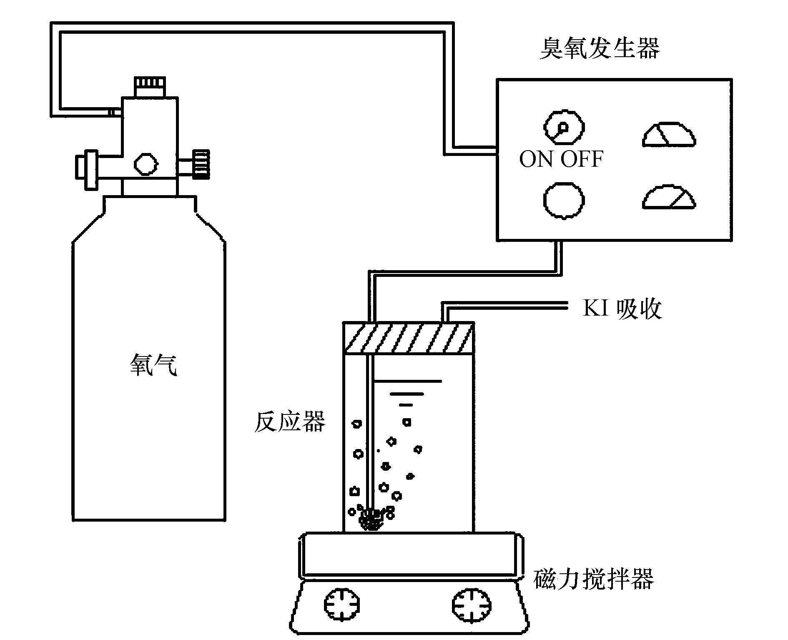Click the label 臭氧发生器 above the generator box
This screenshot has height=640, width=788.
pyautogui.click(x=600, y=48)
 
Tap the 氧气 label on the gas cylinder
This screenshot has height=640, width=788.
pyautogui.click(x=153, y=365)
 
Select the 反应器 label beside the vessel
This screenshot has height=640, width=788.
pyautogui.click(x=290, y=422)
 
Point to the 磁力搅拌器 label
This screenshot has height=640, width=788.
pyautogui.click(x=593, y=578)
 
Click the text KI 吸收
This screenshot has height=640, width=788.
pyautogui.click(x=622, y=309)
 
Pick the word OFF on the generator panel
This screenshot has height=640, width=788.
pyautogui.click(x=582, y=159)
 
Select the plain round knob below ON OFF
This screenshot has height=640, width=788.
pyautogui.click(x=564, y=201)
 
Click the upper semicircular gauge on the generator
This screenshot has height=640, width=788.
pyautogui.click(x=669, y=135)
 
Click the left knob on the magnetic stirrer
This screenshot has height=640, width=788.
pyautogui.click(x=342, y=605)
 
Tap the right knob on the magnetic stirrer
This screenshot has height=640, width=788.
pyautogui.click(x=472, y=605)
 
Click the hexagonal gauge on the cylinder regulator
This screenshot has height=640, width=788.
pyautogui.click(x=146, y=163)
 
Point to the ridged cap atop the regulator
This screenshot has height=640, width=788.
pyautogui.click(x=150, y=87)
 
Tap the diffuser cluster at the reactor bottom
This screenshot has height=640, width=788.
pyautogui.click(x=371, y=519)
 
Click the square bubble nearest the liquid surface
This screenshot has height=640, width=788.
pyautogui.click(x=407, y=422)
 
